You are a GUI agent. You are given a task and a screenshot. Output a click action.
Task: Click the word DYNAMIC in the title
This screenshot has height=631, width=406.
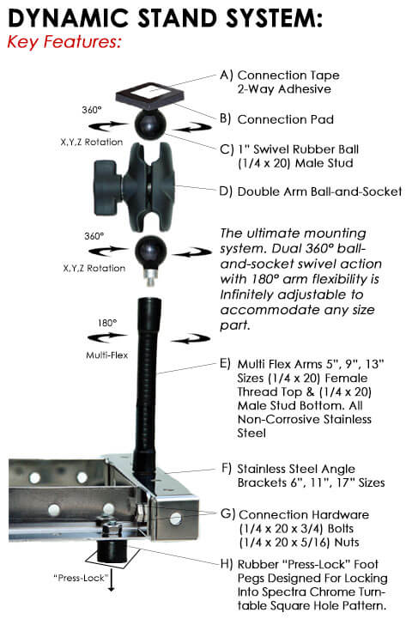pyautogui.click(x=68, y=18)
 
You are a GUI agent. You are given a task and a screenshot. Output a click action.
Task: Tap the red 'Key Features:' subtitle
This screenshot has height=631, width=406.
pyautogui.click(x=64, y=42)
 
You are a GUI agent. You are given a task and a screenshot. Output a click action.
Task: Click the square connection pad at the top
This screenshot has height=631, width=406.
pyautogui.click(x=150, y=96)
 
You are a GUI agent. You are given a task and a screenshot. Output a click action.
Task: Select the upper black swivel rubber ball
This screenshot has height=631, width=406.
pyautogui.click(x=150, y=124)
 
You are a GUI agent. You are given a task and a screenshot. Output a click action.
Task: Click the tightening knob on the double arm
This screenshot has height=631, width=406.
pyautogui.click(x=107, y=187)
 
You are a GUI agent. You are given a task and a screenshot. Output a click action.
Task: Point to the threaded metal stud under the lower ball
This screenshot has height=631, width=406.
pyautogui.click(x=150, y=276)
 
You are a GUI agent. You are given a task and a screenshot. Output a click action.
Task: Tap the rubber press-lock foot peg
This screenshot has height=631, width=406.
pyautogui.click(x=111, y=552)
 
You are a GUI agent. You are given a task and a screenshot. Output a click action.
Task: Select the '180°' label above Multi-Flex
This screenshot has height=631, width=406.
pyautogui.click(x=107, y=323)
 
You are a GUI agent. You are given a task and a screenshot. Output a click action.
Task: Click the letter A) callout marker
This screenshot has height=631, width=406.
pyautogui.click(x=226, y=76)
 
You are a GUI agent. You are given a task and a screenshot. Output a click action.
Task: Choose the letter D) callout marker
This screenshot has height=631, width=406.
pyautogui.click(x=226, y=191)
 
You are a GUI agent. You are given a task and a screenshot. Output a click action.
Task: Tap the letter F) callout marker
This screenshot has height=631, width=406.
pyautogui.click(x=227, y=469)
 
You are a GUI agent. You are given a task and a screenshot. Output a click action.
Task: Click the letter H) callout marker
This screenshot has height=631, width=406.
pyautogui.click(x=227, y=564)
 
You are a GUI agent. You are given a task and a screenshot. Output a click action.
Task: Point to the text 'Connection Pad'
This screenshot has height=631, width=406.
pyautogui.click(x=286, y=119)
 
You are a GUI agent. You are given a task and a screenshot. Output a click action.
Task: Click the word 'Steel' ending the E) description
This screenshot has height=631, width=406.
pyautogui.click(x=251, y=434)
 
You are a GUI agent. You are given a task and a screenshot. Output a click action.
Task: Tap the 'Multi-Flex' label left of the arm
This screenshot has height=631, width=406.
pyautogui.click(x=107, y=355)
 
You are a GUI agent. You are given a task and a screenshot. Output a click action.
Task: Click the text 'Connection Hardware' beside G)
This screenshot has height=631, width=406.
pyautogui.click(x=304, y=515)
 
